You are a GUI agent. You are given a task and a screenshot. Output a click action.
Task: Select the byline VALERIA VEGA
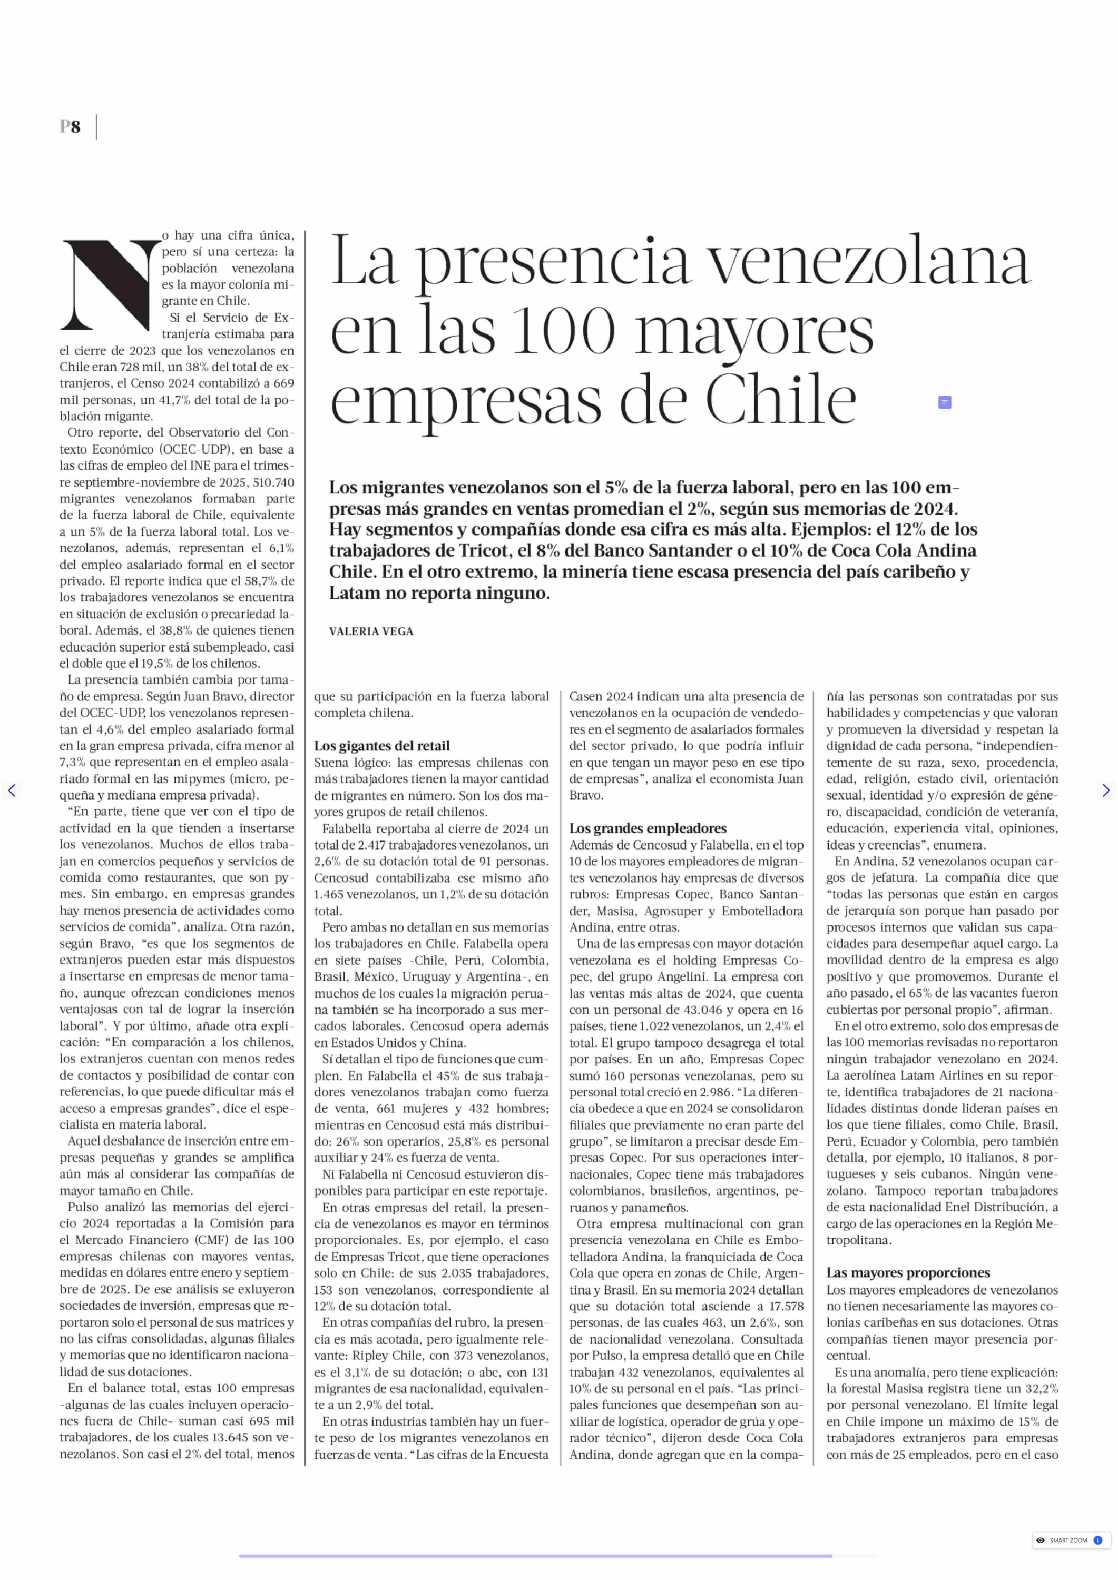(371, 631)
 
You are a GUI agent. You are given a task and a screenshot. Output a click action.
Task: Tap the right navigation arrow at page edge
(1106, 790)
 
